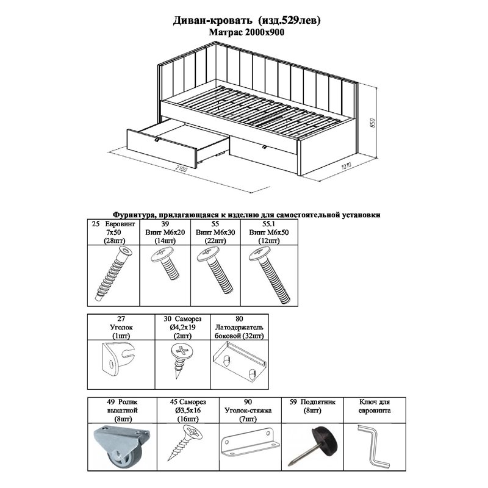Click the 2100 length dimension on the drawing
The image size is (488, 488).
pyautogui.click(x=181, y=170)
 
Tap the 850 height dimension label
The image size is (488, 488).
pyautogui.click(x=373, y=123)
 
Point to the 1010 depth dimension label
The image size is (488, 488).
pyautogui.click(x=346, y=165)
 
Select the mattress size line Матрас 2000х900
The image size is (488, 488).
pyautogui.click(x=246, y=32)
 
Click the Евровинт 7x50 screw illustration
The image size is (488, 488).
pyautogui.click(x=113, y=273)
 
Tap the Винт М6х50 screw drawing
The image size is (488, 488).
pyautogui.click(x=270, y=275)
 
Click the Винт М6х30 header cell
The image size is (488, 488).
pyautogui.click(x=215, y=232)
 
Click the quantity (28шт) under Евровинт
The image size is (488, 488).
pyautogui.click(x=113, y=240)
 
